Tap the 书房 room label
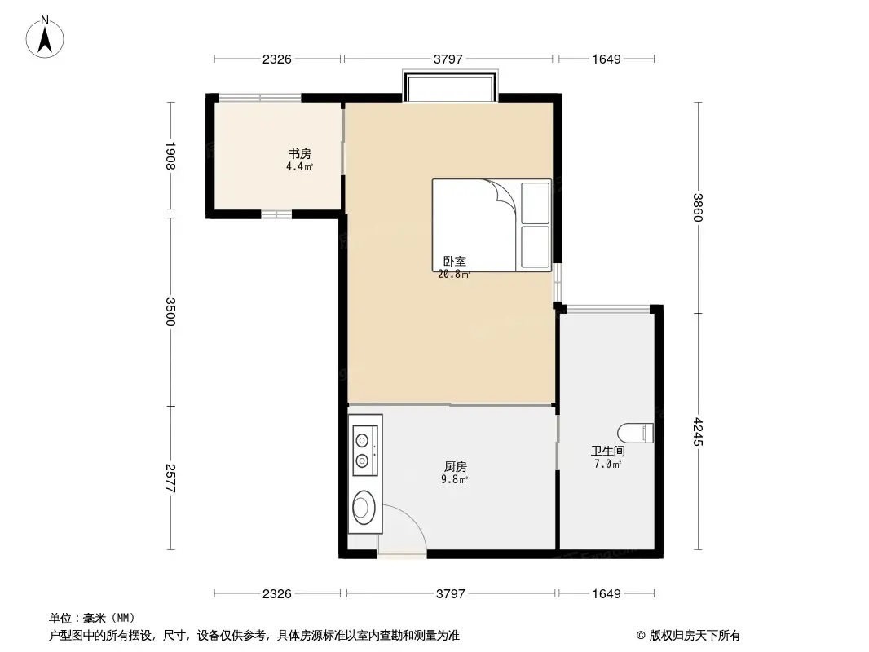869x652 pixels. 298,154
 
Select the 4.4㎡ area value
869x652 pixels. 298,167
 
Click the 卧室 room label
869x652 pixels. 454,262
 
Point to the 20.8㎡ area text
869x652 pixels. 454,275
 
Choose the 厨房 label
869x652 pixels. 455,467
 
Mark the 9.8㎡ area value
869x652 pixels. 455,480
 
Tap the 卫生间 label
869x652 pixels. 607,451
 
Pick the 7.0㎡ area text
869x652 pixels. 607,465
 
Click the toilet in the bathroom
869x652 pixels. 637,434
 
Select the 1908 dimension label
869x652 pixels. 170,156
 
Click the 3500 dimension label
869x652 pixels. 170,311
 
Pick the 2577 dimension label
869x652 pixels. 170,478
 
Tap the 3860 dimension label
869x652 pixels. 698,207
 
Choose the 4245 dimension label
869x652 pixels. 698,432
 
